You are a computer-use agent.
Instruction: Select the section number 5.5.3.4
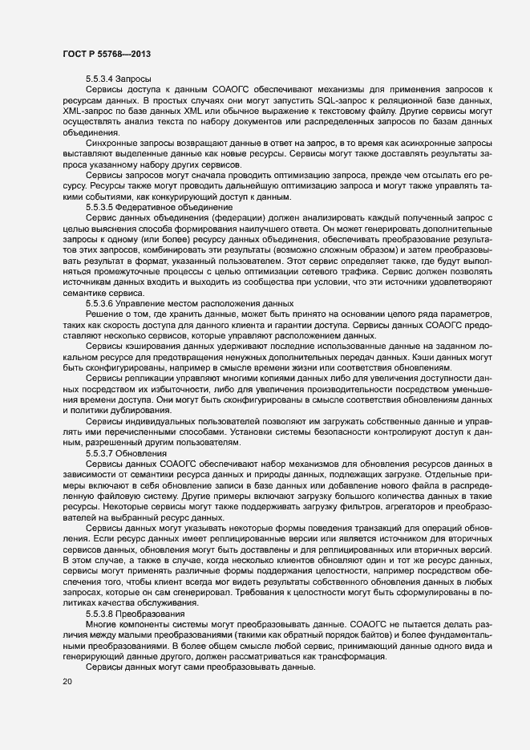coord(100,79)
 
